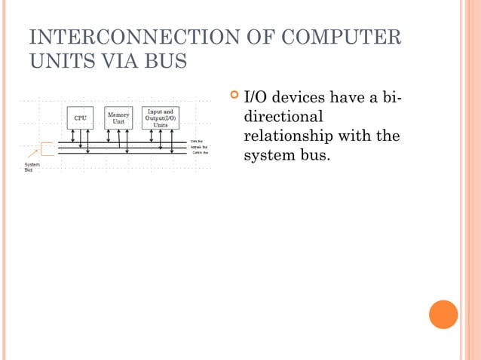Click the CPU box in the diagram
tap(79, 118)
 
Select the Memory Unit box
tap(118, 117)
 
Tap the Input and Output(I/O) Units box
tap(161, 118)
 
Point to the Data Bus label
tap(196, 141)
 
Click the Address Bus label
tap(199, 147)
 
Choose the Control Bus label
tap(200, 153)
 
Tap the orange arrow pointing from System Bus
tap(33, 154)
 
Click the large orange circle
tap(443, 314)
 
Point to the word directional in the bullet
tap(283, 117)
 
